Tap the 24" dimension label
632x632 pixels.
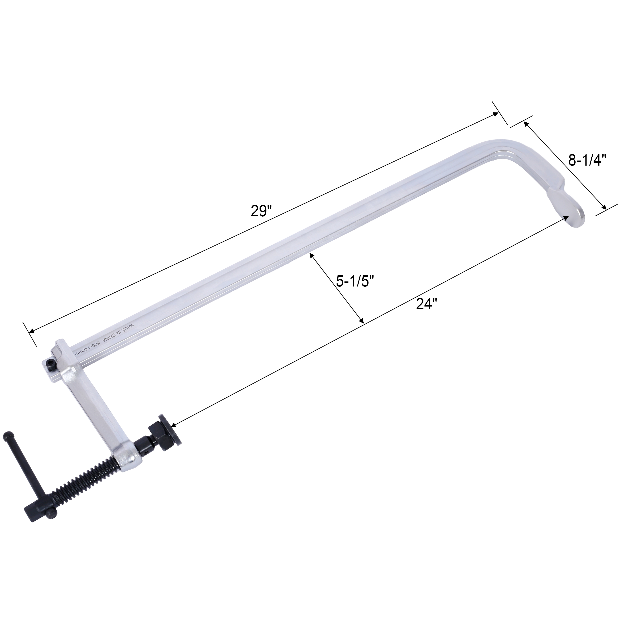427,304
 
